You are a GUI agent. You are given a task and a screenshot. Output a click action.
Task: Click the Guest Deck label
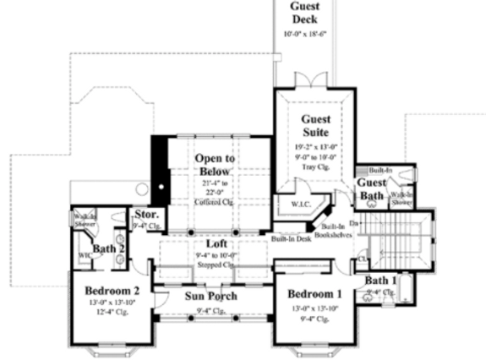coord(305,12)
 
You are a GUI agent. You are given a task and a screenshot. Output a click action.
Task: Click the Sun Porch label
coord(211,296)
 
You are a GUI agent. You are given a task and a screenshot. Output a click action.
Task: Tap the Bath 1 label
coord(380,280)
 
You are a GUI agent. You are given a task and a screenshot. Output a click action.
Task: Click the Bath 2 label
coord(110,248)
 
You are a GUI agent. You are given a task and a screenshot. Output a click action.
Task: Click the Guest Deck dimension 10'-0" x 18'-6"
coord(305,34)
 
